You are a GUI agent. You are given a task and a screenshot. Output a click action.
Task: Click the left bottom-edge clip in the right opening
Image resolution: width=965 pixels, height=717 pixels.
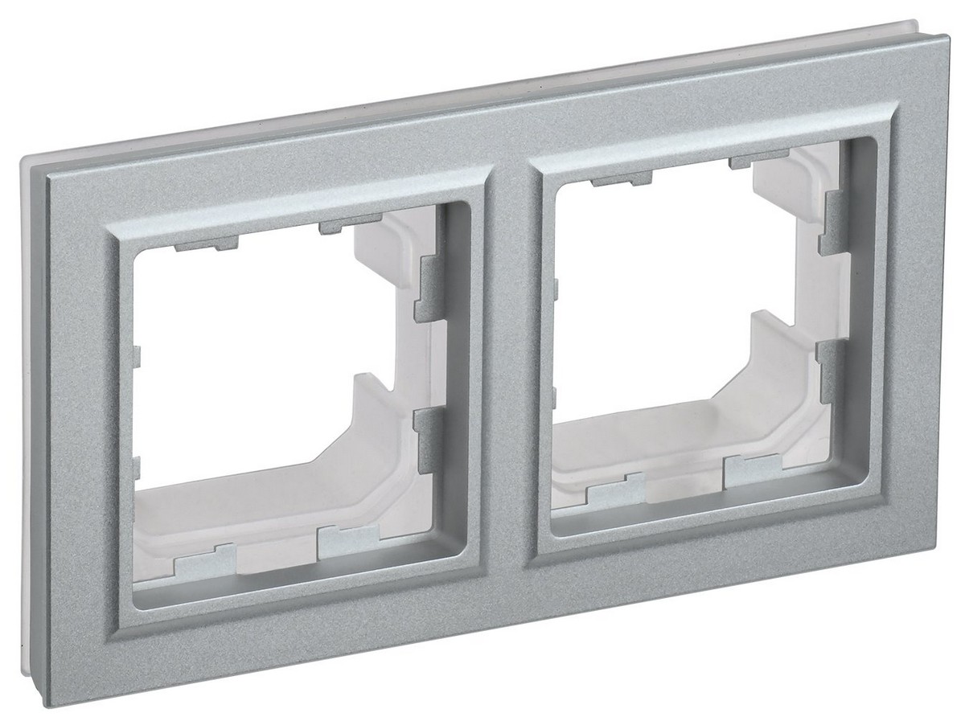coord(616,491)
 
